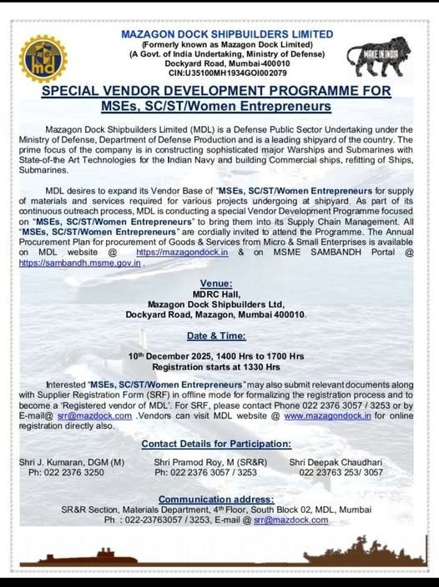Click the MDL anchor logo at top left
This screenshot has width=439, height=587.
tap(43, 58)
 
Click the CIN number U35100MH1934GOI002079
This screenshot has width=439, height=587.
tap(225, 73)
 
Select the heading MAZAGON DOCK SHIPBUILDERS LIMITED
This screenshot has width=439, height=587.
tap(226, 33)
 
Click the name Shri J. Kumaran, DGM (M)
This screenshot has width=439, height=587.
tap(71, 461)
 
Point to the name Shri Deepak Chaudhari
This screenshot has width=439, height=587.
tap(336, 461)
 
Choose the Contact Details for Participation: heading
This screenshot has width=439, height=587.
tap(215, 443)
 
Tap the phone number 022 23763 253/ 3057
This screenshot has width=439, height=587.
tap(341, 472)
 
